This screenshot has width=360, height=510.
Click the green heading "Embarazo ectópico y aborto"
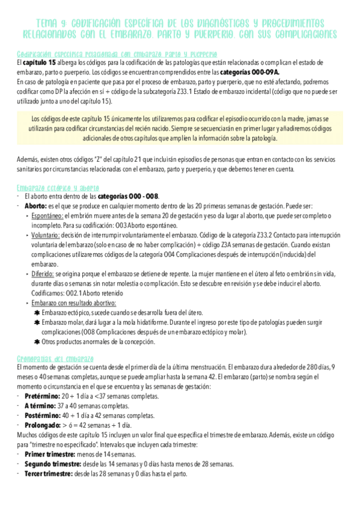(x=59, y=188)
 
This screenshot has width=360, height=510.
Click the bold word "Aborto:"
(x=35, y=205)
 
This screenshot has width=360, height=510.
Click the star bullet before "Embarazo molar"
(x=37, y=322)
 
